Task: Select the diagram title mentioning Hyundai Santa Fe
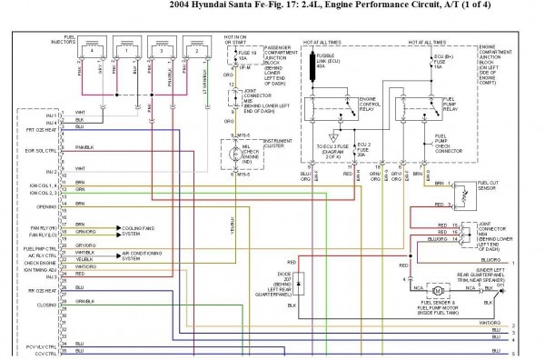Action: point(272,7)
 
